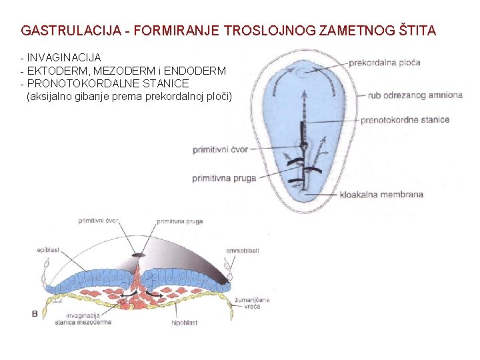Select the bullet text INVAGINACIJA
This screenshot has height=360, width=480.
coord(64,58)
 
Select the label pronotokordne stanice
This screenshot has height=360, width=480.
coord(405,121)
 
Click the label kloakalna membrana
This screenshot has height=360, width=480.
coord(381,195)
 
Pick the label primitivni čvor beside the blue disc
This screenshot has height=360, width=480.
coord(220,149)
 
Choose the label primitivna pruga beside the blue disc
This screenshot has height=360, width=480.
coord(224,178)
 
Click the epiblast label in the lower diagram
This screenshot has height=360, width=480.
coord(48,250)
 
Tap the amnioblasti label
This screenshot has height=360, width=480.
coord(243,250)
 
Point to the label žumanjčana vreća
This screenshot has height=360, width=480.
coord(252,303)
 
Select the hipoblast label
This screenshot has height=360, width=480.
coord(184,323)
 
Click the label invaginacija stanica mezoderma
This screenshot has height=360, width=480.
coord(83,319)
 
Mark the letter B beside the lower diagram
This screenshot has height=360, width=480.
coord(35,313)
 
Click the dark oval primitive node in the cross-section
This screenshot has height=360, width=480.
coord(138,255)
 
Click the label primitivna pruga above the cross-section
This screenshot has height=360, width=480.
coord(180,221)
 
